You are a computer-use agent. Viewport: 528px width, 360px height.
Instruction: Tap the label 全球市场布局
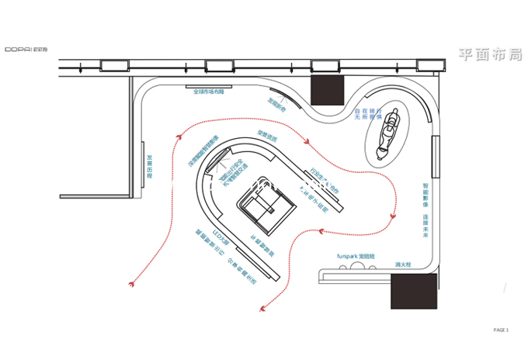tap(208, 92)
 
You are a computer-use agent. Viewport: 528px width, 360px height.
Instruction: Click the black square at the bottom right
tap(415, 290)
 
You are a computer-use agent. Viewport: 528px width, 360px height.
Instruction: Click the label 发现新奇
tap(277, 103)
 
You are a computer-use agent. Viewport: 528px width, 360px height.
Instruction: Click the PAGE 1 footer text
tap(501, 331)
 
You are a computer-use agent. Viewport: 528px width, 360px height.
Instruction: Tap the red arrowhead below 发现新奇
tap(311, 143)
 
